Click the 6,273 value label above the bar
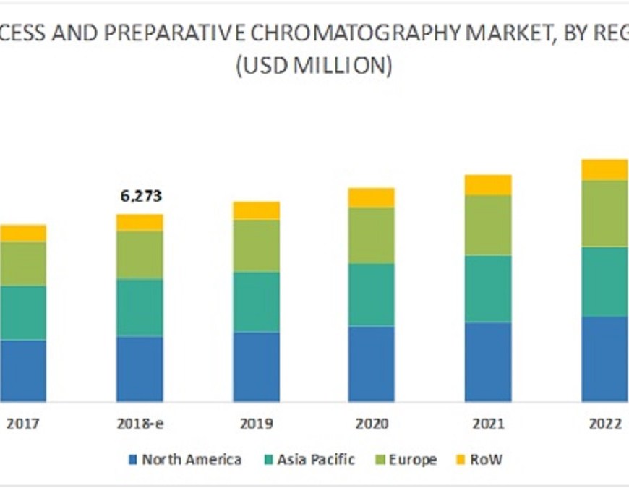140,196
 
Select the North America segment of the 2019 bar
256,367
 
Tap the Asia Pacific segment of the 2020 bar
372,294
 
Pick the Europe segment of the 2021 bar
488,225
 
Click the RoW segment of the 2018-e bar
140,223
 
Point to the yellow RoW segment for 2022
605,170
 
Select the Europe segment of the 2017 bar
23,263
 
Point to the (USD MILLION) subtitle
314,66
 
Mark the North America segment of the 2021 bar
488,361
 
